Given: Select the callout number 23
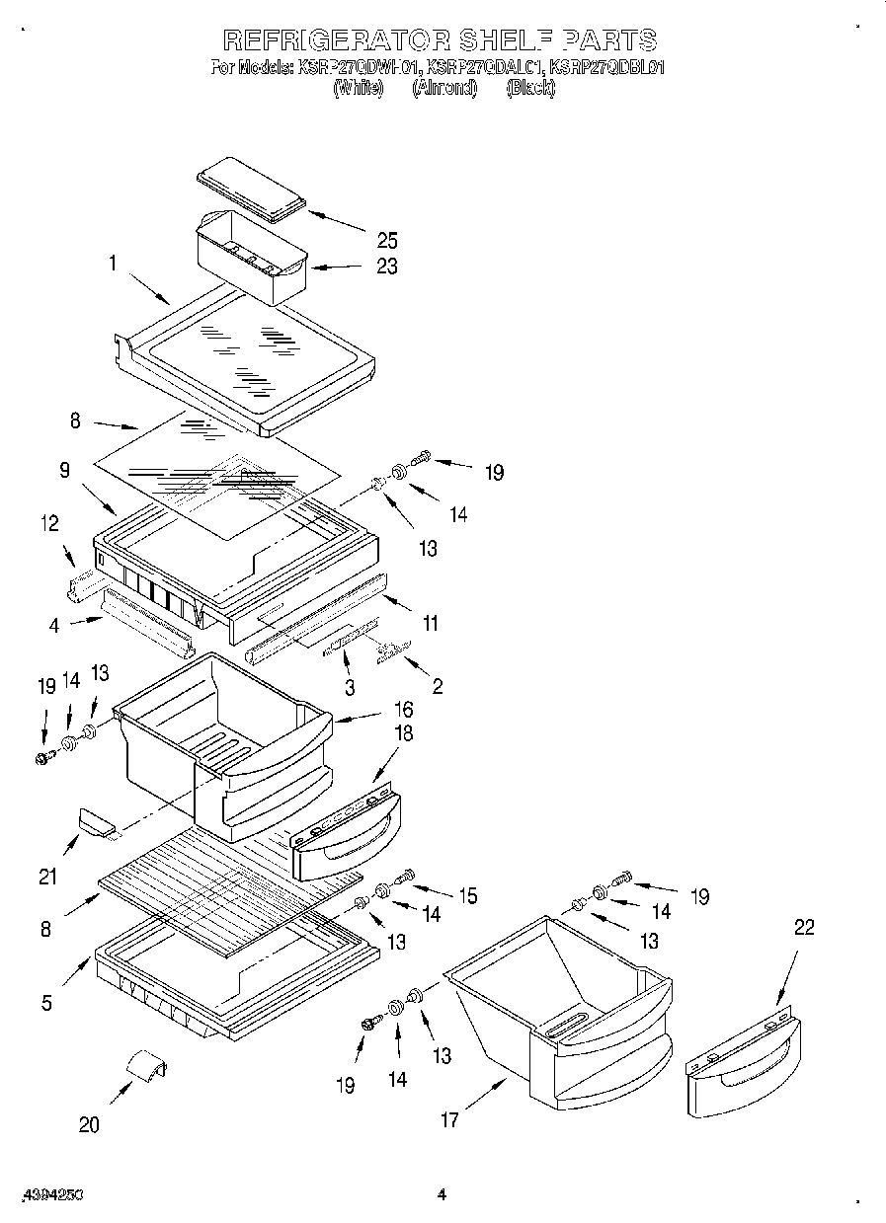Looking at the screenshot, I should pyautogui.click(x=386, y=268).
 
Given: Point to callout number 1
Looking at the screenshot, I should pyautogui.click(x=114, y=264).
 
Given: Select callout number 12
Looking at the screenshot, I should pyautogui.click(x=50, y=526).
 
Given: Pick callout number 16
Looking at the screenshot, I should pyautogui.click(x=404, y=709).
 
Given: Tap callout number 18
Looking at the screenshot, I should pyautogui.click(x=404, y=733).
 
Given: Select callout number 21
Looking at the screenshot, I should pyautogui.click(x=47, y=876).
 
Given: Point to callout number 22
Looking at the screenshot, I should pyautogui.click(x=805, y=928).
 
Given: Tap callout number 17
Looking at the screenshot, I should pyautogui.click(x=449, y=1120).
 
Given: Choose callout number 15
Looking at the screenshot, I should pyautogui.click(x=466, y=896).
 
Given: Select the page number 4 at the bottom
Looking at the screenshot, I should pyautogui.click(x=443, y=1195).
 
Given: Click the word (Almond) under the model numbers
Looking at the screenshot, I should pyautogui.click(x=444, y=88).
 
